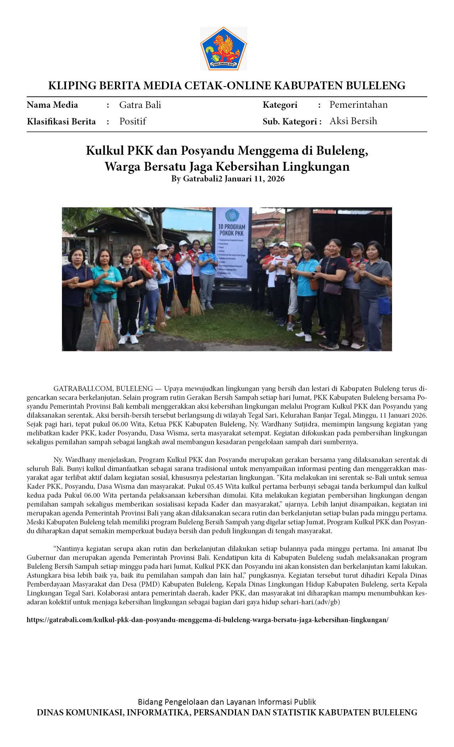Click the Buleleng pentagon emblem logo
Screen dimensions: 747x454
pyautogui.click(x=223, y=48)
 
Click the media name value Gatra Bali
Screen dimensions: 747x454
pyautogui.click(x=140, y=105)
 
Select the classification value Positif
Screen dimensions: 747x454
pyautogui.click(x=132, y=121)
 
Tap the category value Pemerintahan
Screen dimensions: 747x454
pyautogui.click(x=358, y=105)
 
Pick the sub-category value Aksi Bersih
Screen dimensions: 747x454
pyautogui.click(x=353, y=121)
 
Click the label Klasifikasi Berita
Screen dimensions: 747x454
pyautogui.click(x=61, y=122)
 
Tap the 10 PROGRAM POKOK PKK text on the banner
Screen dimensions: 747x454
pyautogui.click(x=231, y=230)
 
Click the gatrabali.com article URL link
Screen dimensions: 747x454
pyautogui.click(x=207, y=620)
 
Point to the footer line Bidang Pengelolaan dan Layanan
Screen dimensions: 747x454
pyautogui.click(x=227, y=701)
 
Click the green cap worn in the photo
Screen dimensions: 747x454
pyautogui.click(x=296, y=245)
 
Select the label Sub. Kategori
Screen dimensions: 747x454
pyautogui.click(x=290, y=122)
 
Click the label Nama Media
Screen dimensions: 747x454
pyautogui.click(x=52, y=105)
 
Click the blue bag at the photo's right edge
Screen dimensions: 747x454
pyautogui.click(x=384, y=305)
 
